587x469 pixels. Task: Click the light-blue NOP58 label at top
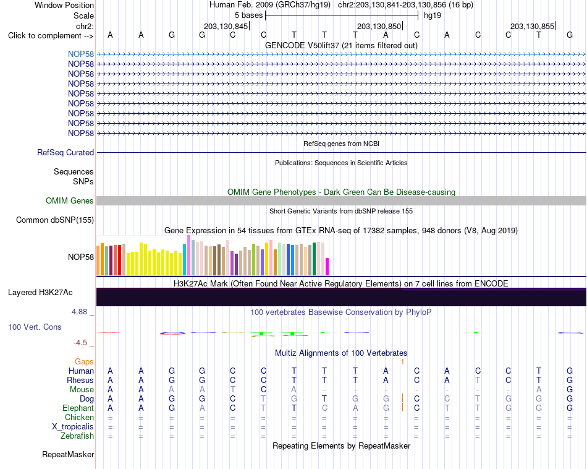pos(81,54)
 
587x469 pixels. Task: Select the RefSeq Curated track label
pos(65,153)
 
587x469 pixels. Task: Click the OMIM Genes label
pos(70,200)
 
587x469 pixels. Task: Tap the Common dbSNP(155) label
pos(55,220)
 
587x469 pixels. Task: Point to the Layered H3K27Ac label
pos(40,293)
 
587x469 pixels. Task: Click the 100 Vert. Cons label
pos(35,327)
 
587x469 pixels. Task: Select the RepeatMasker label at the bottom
pos(68,454)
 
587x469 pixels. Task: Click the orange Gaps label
pos(84,361)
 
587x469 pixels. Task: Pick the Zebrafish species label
pos(77,436)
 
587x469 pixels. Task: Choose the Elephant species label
pos(78,408)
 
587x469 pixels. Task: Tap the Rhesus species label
pos(80,380)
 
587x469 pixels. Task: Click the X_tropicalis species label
pos(73,427)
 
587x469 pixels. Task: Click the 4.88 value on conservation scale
pos(79,312)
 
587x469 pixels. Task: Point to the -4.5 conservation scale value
pos(80,343)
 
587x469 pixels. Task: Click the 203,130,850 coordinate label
pos(379,26)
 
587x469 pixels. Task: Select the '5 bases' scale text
pos(248,15)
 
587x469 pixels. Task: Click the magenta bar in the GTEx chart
pos(327,267)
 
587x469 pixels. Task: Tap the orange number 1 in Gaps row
pos(402,362)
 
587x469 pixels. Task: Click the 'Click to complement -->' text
pos(51,36)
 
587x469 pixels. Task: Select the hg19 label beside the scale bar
pos(433,15)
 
